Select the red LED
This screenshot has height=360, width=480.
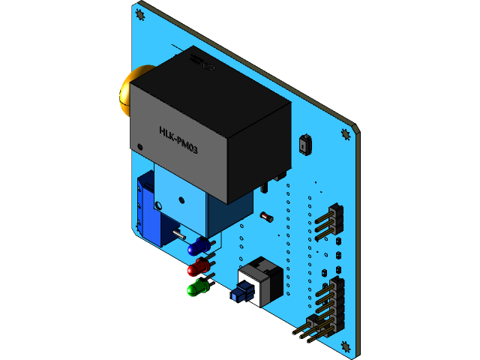click(x=197, y=268)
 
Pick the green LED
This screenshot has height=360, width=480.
click(x=196, y=288)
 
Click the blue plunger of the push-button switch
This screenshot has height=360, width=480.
click(x=239, y=294)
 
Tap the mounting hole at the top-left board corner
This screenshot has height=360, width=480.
click(x=139, y=14)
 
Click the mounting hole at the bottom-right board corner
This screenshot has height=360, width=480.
click(x=345, y=346)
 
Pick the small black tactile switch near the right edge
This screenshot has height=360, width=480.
click(x=304, y=143)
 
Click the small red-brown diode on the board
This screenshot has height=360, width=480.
click(x=265, y=217)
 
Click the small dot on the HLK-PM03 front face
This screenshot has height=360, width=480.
click(x=139, y=146)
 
